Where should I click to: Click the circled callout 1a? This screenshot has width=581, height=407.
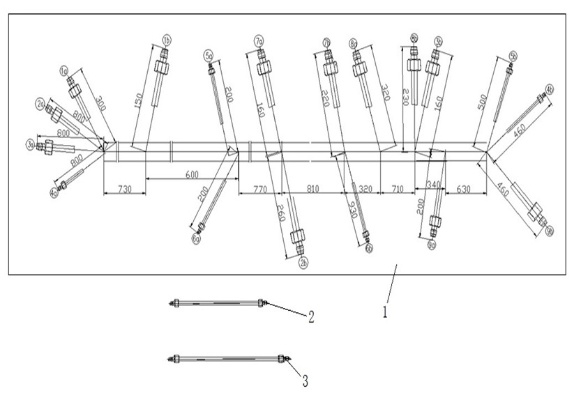(x=63, y=71)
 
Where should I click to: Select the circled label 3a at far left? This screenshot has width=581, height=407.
(x=31, y=144)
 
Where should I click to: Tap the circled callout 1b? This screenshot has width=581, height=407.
(x=167, y=39)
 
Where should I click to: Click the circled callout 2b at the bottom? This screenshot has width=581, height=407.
(x=303, y=262)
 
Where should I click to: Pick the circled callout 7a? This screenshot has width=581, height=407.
(x=259, y=42)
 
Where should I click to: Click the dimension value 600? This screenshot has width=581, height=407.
(x=190, y=174)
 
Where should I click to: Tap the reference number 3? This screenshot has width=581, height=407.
(x=305, y=381)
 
